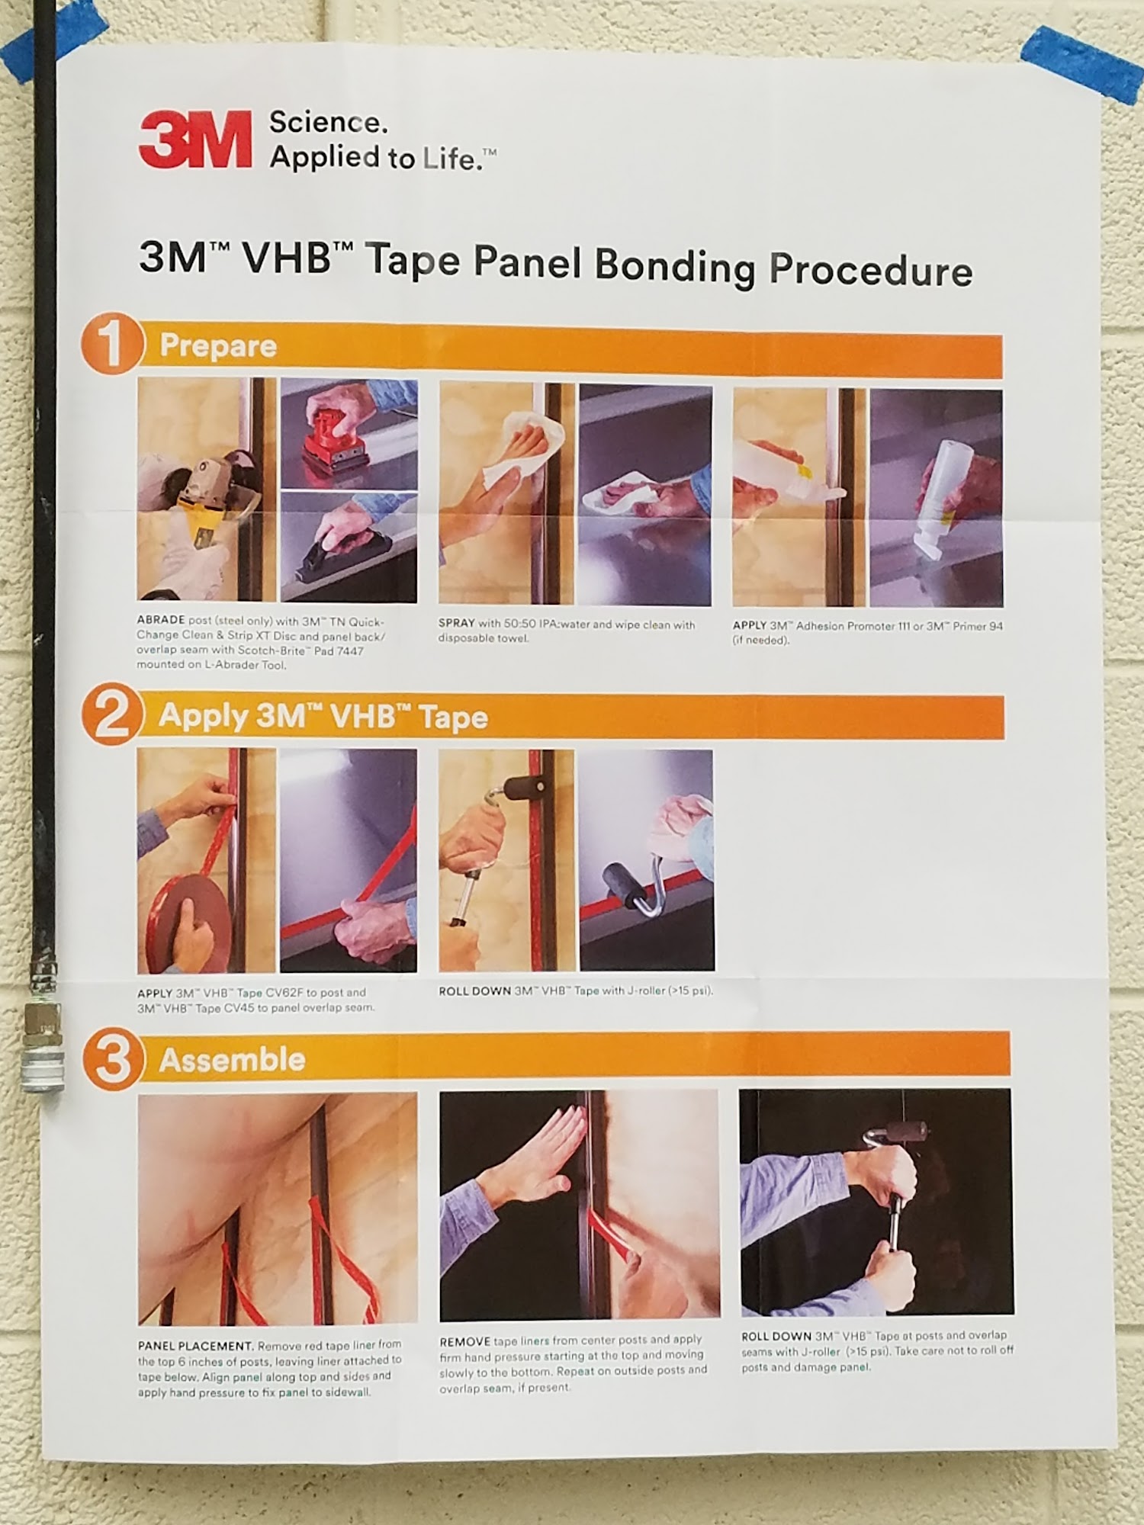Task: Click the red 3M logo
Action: tap(195, 139)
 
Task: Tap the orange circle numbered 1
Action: tap(113, 345)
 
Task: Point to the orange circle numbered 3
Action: tap(114, 1059)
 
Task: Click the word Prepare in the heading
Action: tap(218, 347)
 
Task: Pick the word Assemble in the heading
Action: tap(233, 1060)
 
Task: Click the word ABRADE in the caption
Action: tap(161, 620)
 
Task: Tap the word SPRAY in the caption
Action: tap(456, 624)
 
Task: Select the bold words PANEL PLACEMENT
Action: tap(195, 1346)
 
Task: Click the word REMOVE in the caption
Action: tap(464, 1341)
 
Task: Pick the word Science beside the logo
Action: tap(329, 123)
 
